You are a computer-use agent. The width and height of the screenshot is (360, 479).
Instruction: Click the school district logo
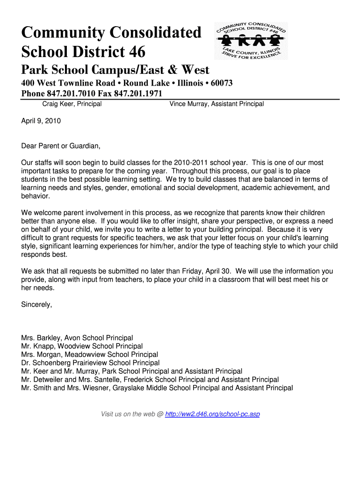(x=251, y=41)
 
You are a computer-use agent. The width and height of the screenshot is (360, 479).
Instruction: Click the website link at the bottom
(x=213, y=414)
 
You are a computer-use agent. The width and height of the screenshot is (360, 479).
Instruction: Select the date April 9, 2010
(x=41, y=121)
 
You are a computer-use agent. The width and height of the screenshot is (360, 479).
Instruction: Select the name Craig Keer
(x=58, y=104)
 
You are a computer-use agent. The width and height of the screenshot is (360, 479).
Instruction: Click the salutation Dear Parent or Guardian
(x=61, y=146)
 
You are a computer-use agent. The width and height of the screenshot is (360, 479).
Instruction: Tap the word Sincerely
(x=36, y=305)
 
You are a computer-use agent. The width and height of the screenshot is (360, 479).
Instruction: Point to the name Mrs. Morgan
(x=40, y=355)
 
